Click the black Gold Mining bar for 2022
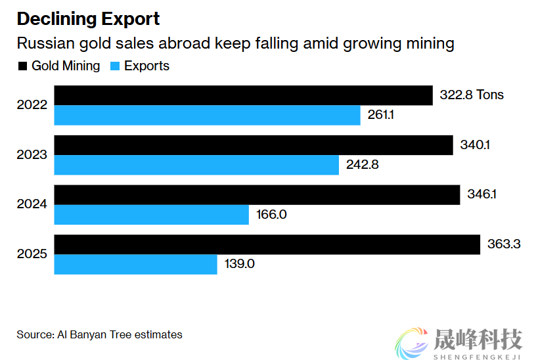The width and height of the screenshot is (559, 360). (243, 95)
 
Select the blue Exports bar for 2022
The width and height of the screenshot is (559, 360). (207, 116)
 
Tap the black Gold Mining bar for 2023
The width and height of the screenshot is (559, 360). (254, 145)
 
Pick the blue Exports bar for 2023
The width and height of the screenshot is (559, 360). (196, 165)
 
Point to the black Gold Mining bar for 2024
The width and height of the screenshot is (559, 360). (257, 195)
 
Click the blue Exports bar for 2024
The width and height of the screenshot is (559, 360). (151, 215)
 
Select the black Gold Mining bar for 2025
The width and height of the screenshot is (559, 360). (267, 244)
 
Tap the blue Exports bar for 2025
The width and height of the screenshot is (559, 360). (135, 265)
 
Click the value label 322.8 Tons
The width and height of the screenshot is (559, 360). (472, 95)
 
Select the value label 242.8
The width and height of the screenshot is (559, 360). (363, 165)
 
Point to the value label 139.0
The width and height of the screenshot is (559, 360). (240, 265)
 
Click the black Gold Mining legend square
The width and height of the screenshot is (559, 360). (22, 66)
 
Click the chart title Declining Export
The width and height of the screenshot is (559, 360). (88, 19)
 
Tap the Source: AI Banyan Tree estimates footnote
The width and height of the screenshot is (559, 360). (99, 334)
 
